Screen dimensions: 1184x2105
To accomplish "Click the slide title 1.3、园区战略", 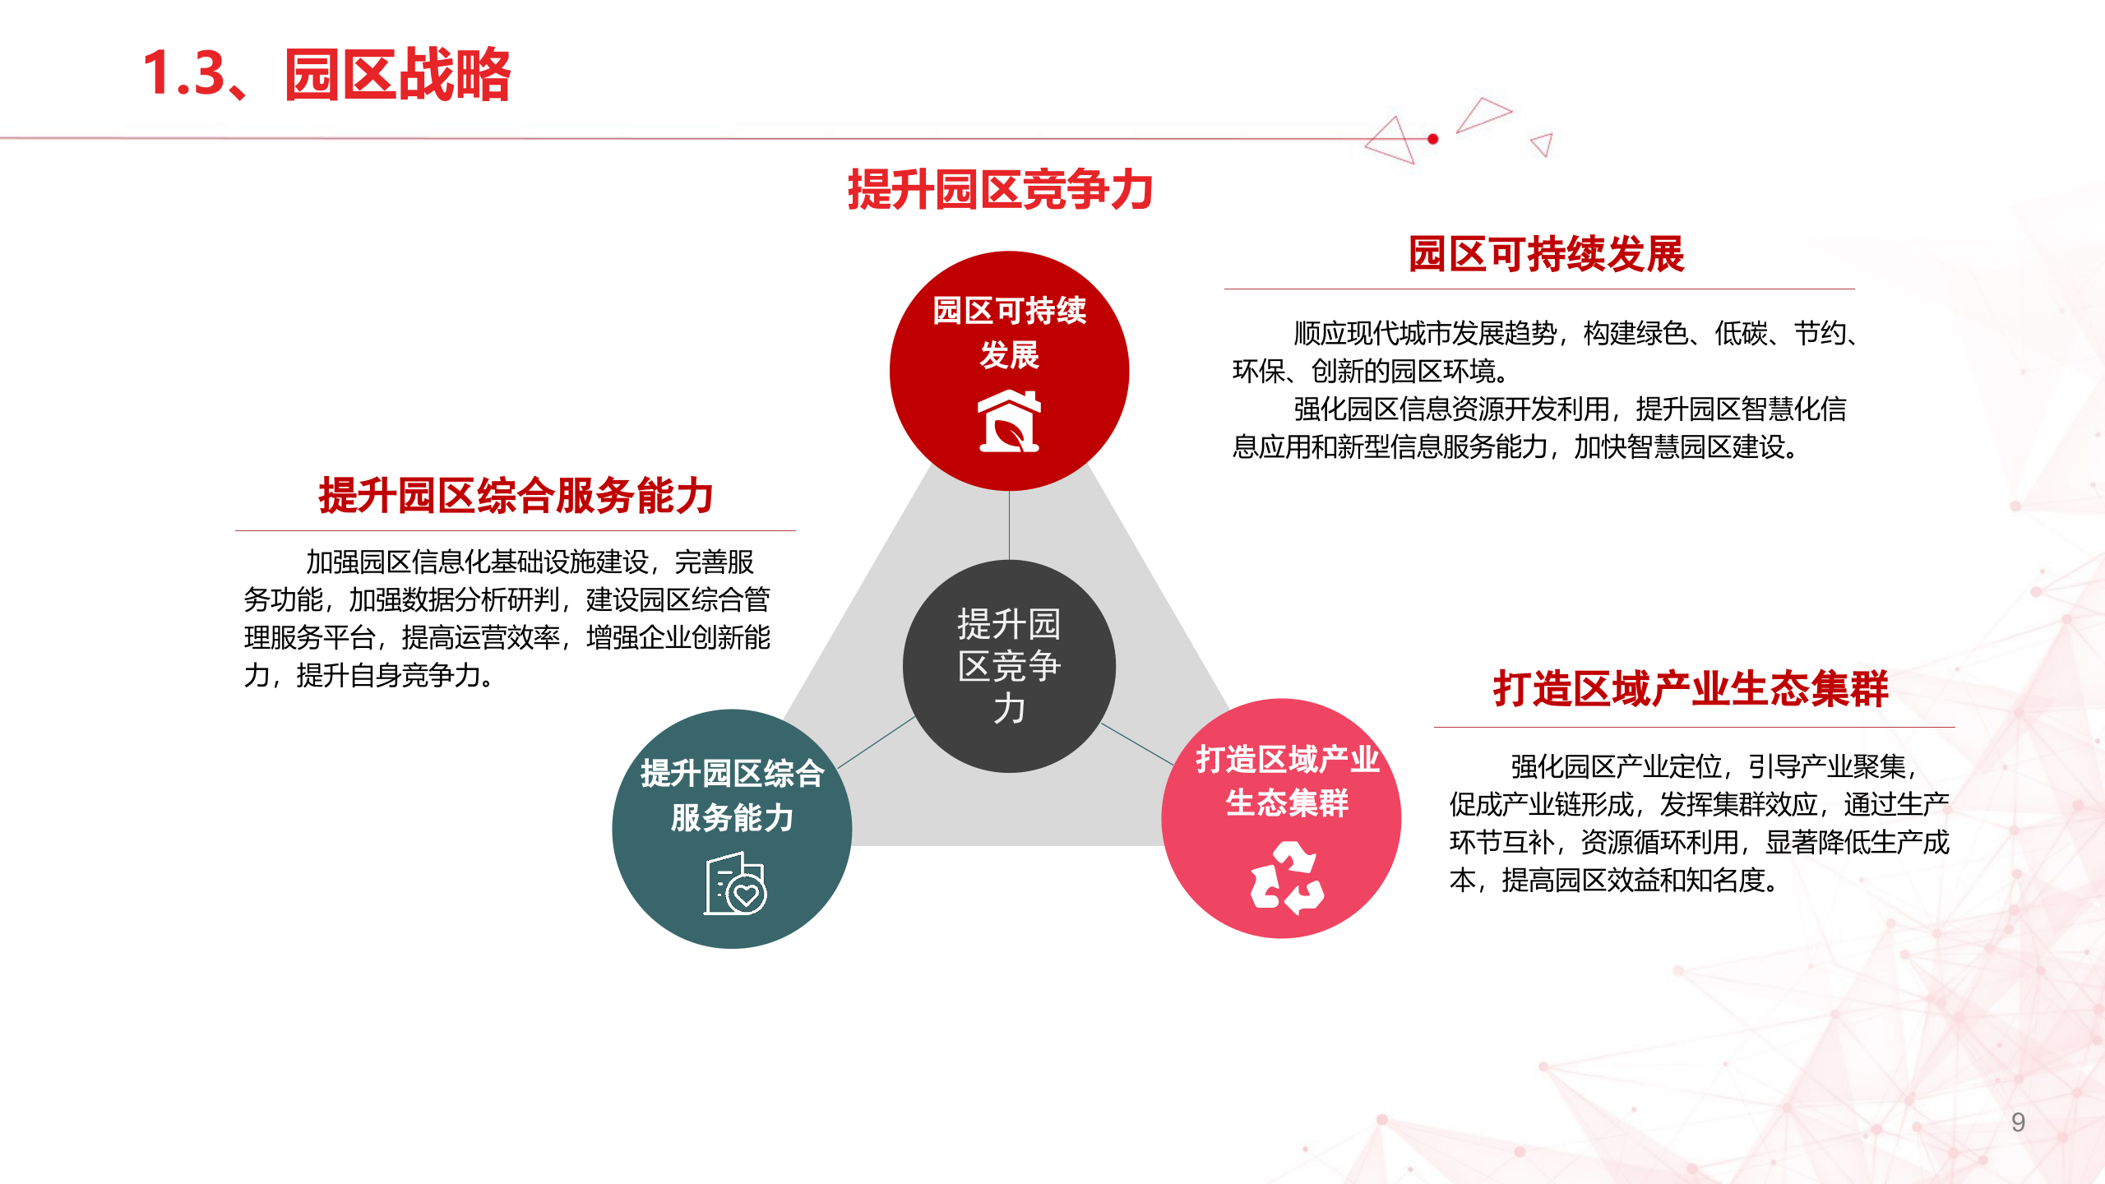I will pyautogui.click(x=327, y=74).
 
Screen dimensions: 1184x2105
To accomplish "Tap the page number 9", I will pyautogui.click(x=2018, y=1122).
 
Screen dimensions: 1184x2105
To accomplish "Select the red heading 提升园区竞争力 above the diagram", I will pyautogui.click(x=1000, y=190).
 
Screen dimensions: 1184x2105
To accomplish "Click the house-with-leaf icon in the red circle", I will pyautogui.click(x=1010, y=421).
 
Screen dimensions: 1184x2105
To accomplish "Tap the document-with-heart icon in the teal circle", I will pyautogui.click(x=735, y=885).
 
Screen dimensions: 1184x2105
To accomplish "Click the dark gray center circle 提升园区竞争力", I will pyautogui.click(x=1009, y=666).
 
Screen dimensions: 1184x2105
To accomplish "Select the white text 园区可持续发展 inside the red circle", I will pyautogui.click(x=1010, y=332).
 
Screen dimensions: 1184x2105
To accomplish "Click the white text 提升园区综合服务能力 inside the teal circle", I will pyautogui.click(x=732, y=795).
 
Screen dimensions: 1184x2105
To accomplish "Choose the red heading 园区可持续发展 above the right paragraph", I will pyautogui.click(x=1546, y=254).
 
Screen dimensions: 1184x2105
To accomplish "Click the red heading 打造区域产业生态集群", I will pyautogui.click(x=1691, y=688).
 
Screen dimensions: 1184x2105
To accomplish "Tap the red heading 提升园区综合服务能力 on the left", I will pyautogui.click(x=516, y=496).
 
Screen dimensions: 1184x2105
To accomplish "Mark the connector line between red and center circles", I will pyautogui.click(x=1010, y=525).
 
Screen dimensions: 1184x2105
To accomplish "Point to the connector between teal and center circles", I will pyautogui.click(x=877, y=742).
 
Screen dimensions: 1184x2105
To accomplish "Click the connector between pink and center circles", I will pyautogui.click(x=1137, y=744).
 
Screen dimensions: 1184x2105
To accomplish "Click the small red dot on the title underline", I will pyautogui.click(x=1433, y=139).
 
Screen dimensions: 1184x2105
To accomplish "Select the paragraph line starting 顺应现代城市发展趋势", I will pyautogui.click(x=1574, y=334).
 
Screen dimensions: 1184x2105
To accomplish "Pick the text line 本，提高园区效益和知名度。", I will pyautogui.click(x=1613, y=881).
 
